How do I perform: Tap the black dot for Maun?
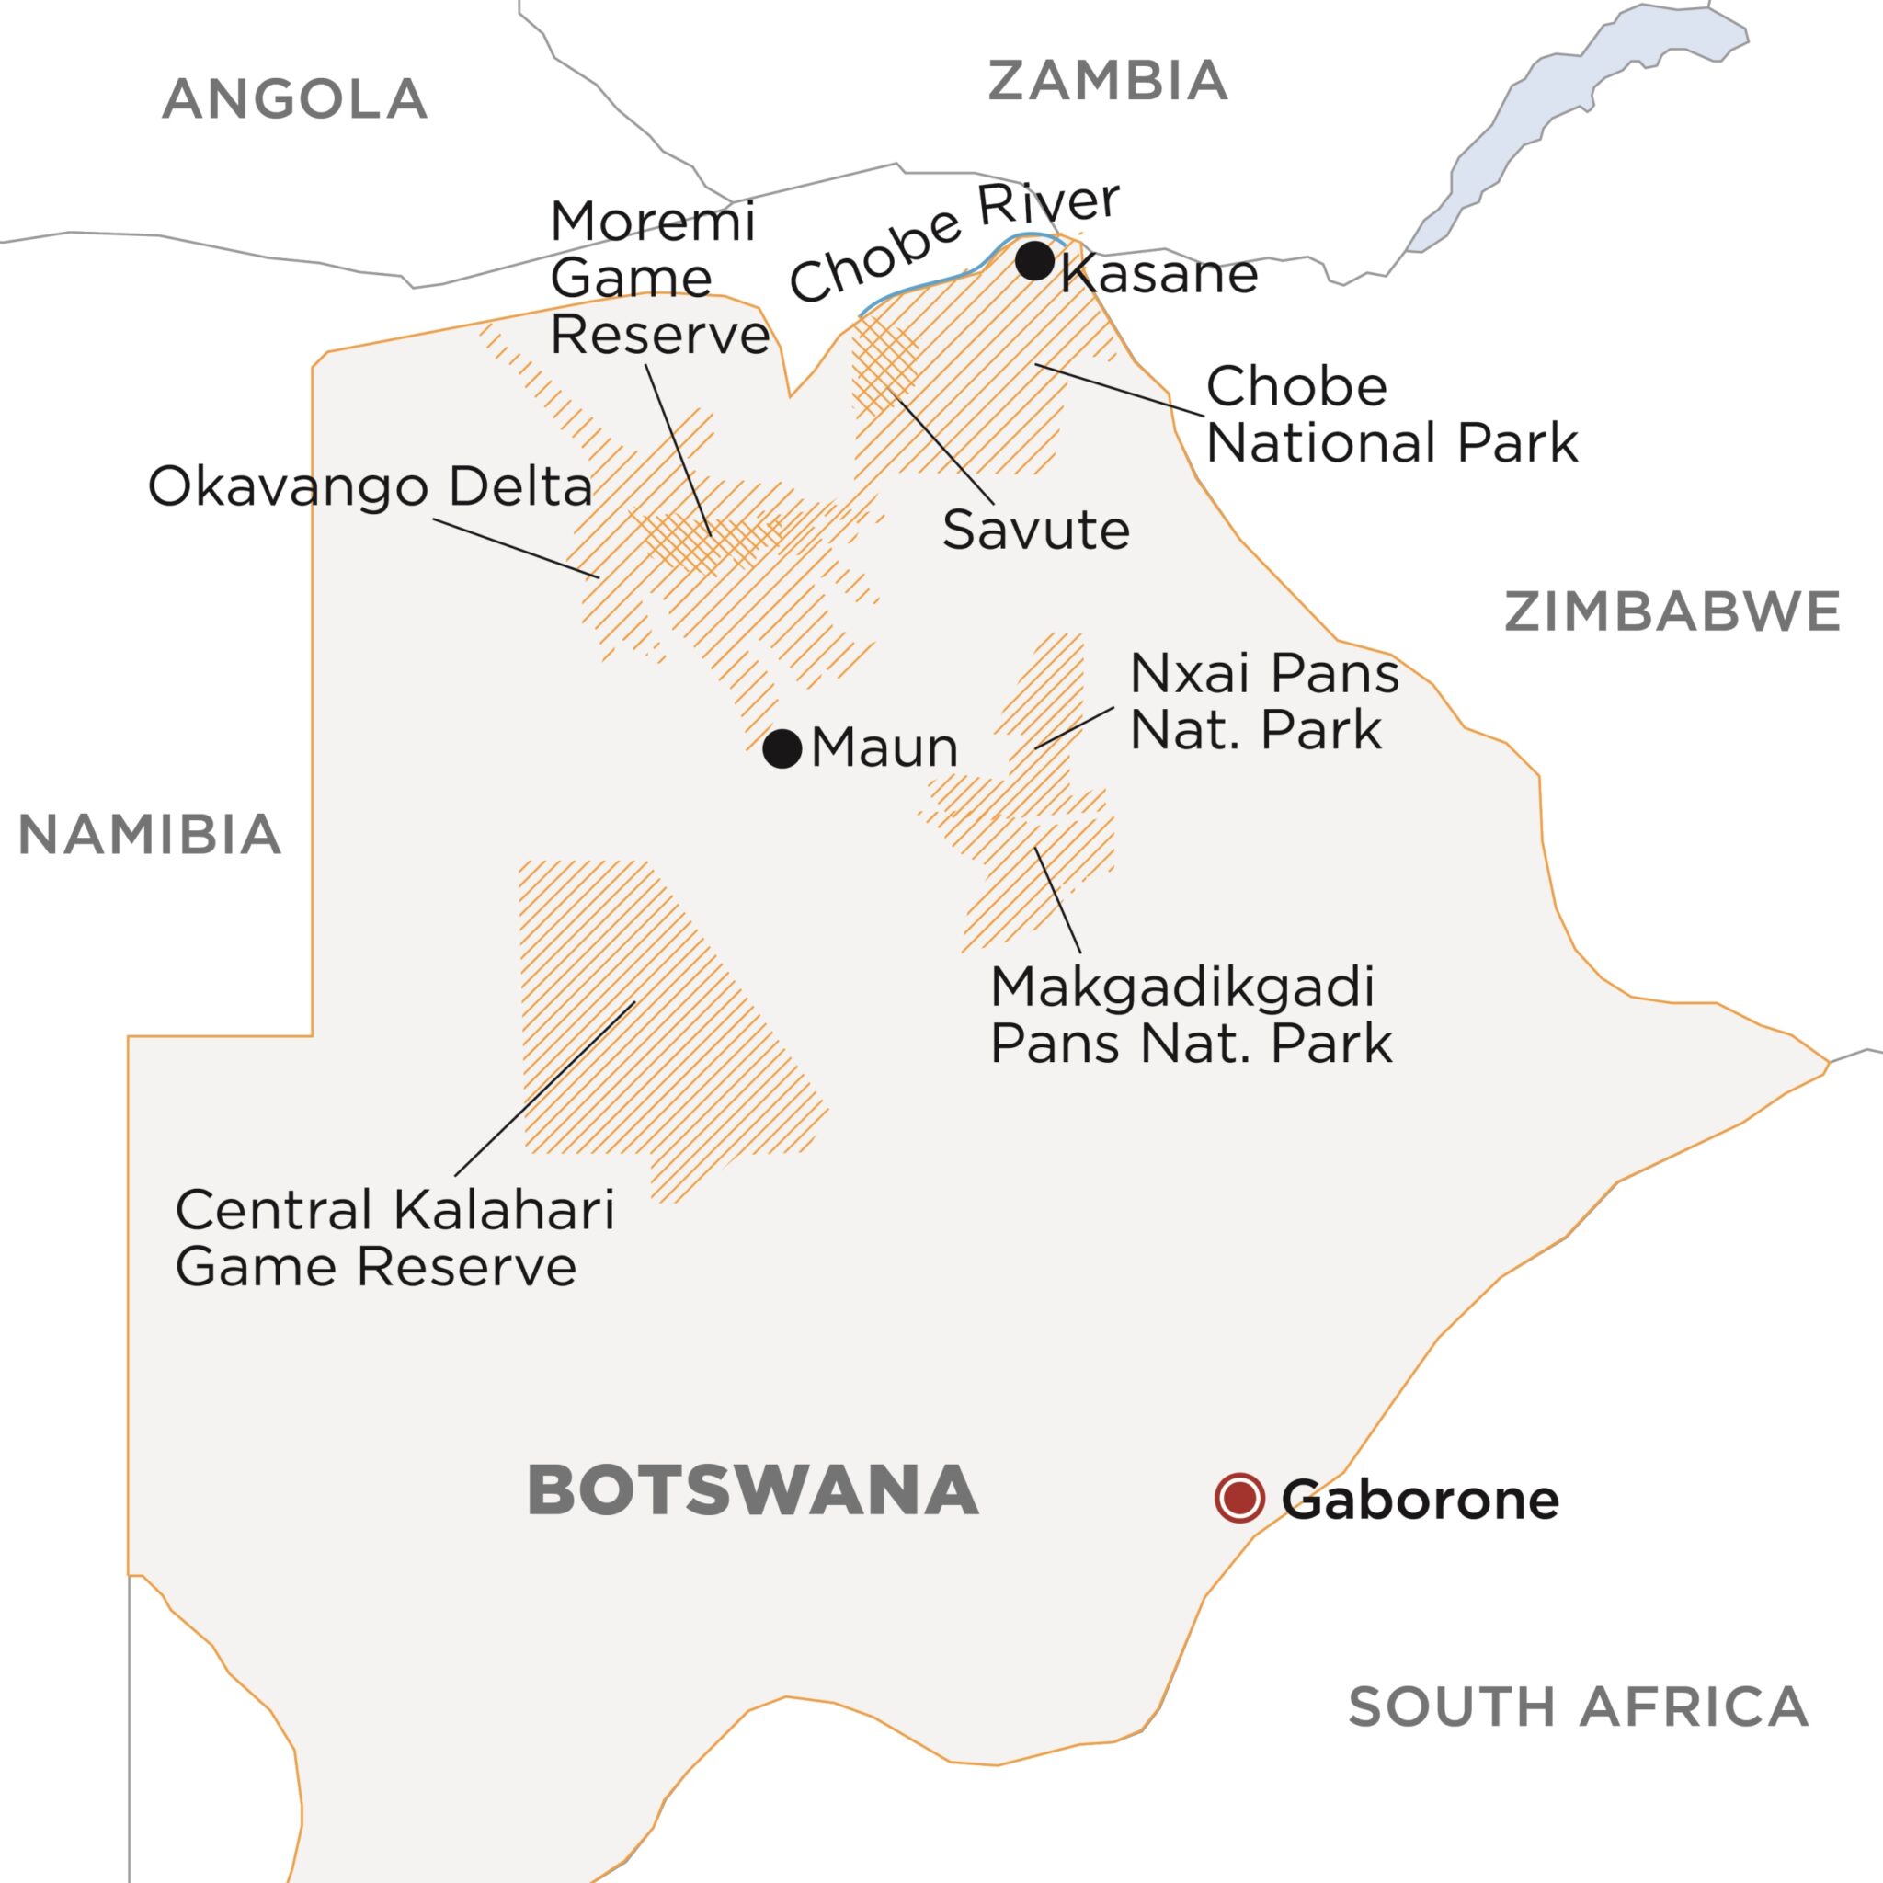click(782, 748)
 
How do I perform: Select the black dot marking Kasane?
click(1034, 260)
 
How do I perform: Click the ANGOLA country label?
click(294, 99)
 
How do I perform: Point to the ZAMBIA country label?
click(1107, 80)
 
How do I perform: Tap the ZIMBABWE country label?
click(1672, 612)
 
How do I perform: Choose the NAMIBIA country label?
click(150, 835)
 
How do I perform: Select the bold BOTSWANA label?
click(752, 1491)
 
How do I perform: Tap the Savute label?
click(1035, 531)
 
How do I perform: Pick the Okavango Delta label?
click(371, 486)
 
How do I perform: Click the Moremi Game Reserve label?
click(659, 279)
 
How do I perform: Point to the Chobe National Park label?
click(1391, 416)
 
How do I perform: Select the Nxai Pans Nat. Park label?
click(1263, 702)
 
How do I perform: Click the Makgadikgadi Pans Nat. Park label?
click(1190, 1016)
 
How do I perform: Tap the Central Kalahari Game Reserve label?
click(394, 1238)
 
